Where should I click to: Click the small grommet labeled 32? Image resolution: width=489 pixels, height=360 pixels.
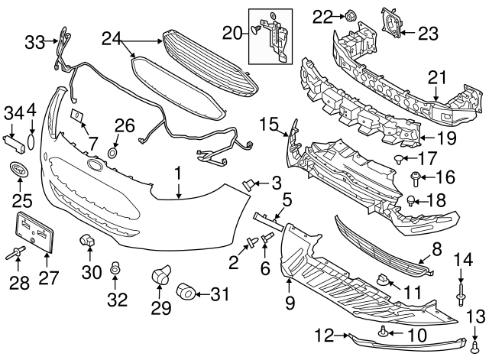pos(116,268)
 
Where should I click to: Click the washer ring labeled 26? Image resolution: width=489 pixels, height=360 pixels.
pos(112,154)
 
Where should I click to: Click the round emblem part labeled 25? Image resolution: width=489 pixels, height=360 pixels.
pos(18,170)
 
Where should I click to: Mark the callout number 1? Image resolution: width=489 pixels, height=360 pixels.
pos(177,174)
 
